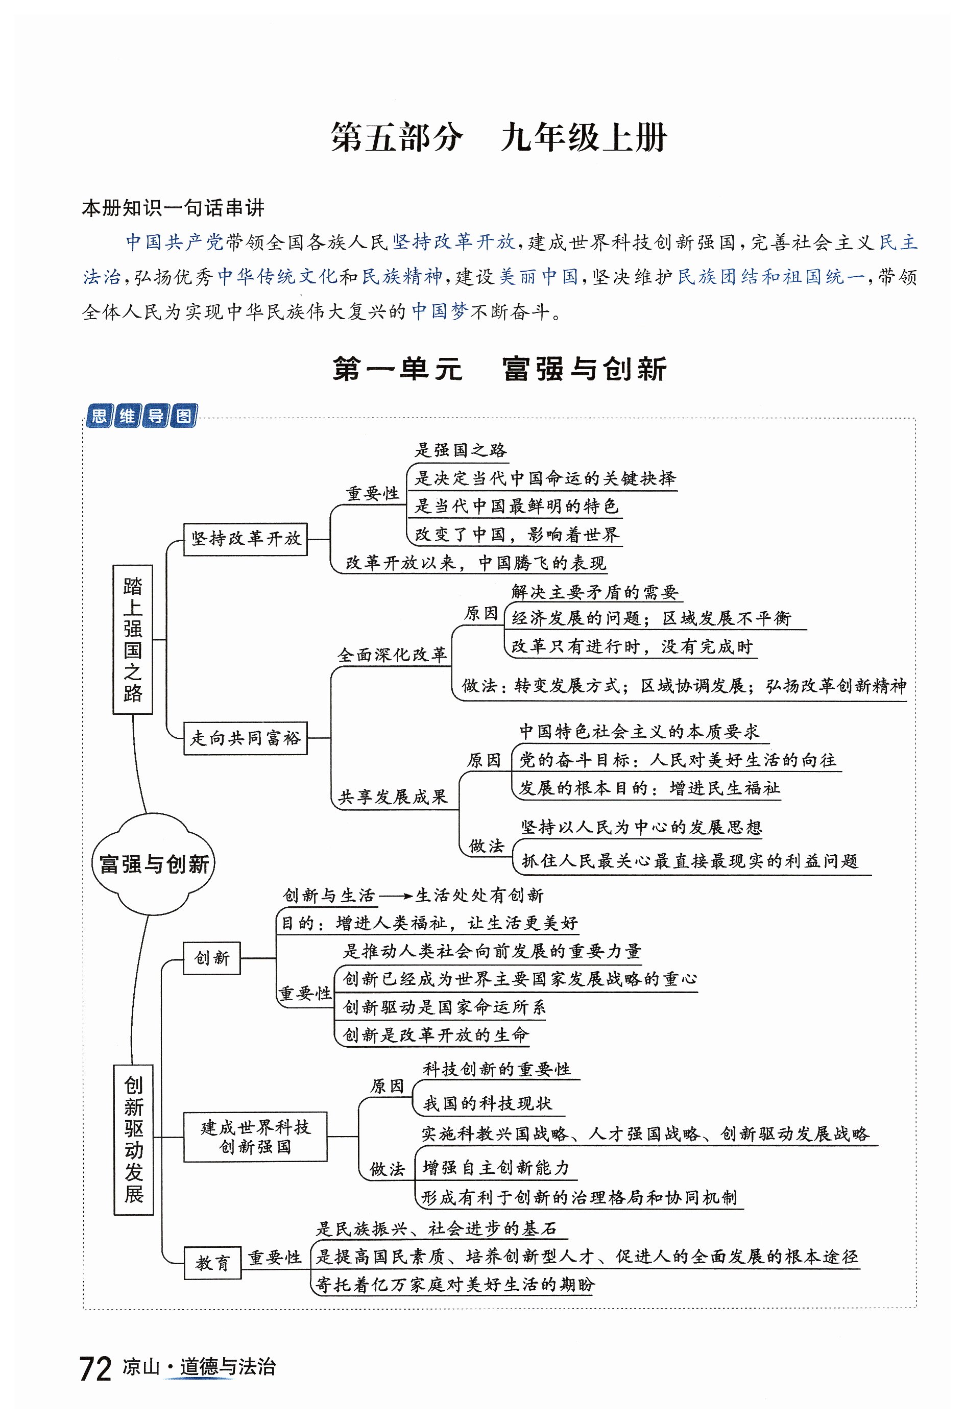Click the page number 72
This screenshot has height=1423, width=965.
(95, 1368)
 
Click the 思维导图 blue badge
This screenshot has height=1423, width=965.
(141, 416)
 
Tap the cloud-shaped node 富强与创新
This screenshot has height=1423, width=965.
(154, 864)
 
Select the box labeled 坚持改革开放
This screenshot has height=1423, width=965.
(245, 538)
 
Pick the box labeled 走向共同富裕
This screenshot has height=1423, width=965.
(245, 738)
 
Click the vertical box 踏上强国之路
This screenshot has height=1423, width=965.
(133, 639)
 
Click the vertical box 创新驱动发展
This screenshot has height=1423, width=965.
(133, 1139)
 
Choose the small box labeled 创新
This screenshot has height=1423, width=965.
(212, 958)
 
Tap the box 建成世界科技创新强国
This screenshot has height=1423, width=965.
(255, 1137)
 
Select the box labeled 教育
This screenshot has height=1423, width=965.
(212, 1263)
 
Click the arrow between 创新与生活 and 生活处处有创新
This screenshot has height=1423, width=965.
(396, 897)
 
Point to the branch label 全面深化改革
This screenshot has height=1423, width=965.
(392, 655)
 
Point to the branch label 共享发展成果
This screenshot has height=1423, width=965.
(393, 797)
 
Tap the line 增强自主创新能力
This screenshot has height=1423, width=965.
(496, 1168)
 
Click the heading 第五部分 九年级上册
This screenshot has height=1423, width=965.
(498, 137)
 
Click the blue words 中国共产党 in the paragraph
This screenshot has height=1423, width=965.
(175, 242)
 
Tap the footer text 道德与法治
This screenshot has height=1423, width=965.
(228, 1367)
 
